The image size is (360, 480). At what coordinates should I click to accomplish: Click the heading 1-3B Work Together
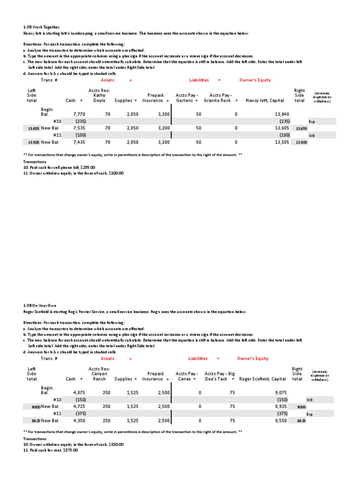[x=42, y=28]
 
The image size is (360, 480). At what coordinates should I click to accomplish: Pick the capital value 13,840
[x=280, y=114]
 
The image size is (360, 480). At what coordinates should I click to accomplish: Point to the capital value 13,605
[x=280, y=127]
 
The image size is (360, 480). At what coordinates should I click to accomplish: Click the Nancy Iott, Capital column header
[x=264, y=100]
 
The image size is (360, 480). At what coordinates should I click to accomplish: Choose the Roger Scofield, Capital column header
[x=262, y=379]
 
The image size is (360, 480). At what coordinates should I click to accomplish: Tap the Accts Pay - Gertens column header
[x=187, y=97]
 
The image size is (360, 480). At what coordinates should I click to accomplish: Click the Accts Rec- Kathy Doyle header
[x=99, y=95]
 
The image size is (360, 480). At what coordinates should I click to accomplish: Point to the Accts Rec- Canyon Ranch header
[x=99, y=374]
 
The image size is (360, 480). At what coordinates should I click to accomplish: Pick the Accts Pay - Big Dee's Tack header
[x=218, y=376]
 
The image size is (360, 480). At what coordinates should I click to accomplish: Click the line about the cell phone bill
[x=59, y=167]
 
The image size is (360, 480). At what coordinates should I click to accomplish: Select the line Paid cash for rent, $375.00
[x=51, y=450]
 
